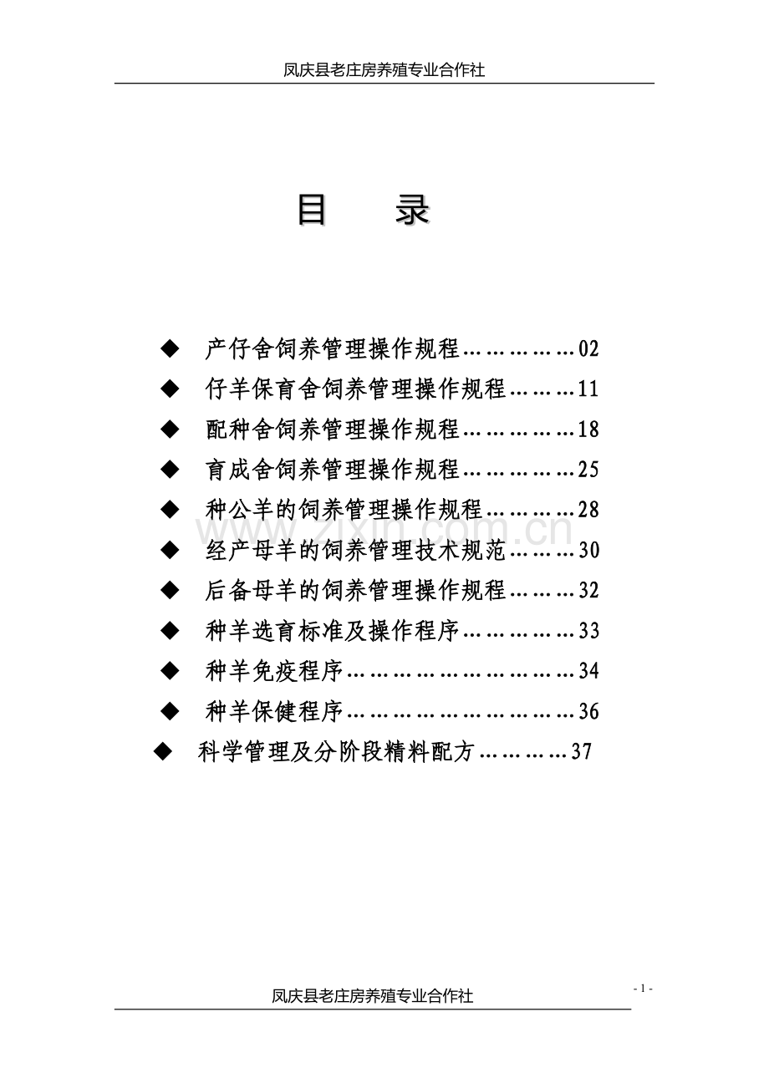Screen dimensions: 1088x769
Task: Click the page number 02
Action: [588, 348]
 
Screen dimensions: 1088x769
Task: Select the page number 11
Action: [588, 389]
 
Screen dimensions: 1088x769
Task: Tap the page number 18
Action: [588, 430]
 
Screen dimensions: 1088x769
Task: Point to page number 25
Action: [588, 470]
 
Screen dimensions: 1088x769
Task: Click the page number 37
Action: [581, 752]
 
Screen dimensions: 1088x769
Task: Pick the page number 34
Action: [588, 671]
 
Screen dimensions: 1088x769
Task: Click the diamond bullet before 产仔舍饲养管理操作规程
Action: [170, 348]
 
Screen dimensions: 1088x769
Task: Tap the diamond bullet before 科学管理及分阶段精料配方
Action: [162, 752]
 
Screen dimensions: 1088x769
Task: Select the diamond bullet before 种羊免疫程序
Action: [170, 671]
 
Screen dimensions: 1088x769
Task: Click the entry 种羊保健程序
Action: [274, 712]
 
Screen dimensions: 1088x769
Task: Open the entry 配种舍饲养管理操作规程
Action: [333, 430]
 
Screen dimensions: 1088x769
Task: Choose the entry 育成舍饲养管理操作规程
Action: [333, 470]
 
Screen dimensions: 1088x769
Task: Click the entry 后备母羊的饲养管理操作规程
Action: [355, 591]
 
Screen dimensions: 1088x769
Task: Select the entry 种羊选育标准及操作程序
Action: [333, 631]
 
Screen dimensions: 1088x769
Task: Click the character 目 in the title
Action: [312, 211]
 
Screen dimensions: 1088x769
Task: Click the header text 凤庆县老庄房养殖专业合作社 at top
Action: [384, 71]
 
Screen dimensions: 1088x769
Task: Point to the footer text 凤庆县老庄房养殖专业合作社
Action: [372, 996]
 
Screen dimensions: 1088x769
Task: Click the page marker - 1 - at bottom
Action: [642, 989]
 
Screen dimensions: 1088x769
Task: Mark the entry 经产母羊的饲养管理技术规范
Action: [355, 550]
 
